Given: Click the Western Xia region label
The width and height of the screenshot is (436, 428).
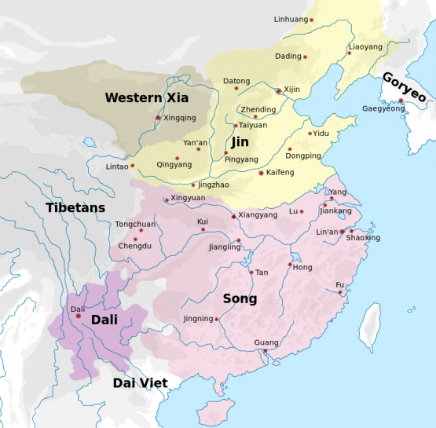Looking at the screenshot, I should [x=146, y=97].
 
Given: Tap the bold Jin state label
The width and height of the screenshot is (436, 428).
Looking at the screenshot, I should [x=240, y=142].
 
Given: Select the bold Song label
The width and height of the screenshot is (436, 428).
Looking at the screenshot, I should [x=240, y=299].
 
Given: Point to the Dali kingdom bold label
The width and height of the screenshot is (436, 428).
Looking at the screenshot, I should [x=104, y=320].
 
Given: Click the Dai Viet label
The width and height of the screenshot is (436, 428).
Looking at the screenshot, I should [x=140, y=382].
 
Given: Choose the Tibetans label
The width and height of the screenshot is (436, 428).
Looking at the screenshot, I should [x=75, y=207].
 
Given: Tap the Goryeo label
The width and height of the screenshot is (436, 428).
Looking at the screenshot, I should [x=404, y=87].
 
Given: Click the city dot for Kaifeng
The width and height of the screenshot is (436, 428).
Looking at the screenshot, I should [x=261, y=173].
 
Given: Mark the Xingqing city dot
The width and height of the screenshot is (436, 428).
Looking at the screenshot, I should [x=158, y=118].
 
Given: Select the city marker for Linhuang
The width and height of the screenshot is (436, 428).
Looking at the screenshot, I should [x=311, y=20].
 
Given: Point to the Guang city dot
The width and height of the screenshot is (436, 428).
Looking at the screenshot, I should [x=265, y=351].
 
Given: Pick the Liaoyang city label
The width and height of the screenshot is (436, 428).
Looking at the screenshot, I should [x=365, y=47].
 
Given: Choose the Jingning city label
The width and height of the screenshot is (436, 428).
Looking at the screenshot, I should [x=198, y=319].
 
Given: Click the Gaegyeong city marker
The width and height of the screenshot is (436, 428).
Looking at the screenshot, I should [x=401, y=101].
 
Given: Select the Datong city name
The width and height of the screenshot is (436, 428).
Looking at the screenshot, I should [x=236, y=81].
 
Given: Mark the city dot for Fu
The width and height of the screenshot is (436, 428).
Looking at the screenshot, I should [x=341, y=293].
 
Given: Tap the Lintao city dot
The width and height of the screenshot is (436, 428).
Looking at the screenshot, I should [x=133, y=166].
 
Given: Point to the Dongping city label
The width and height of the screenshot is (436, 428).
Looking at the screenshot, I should [x=302, y=155].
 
